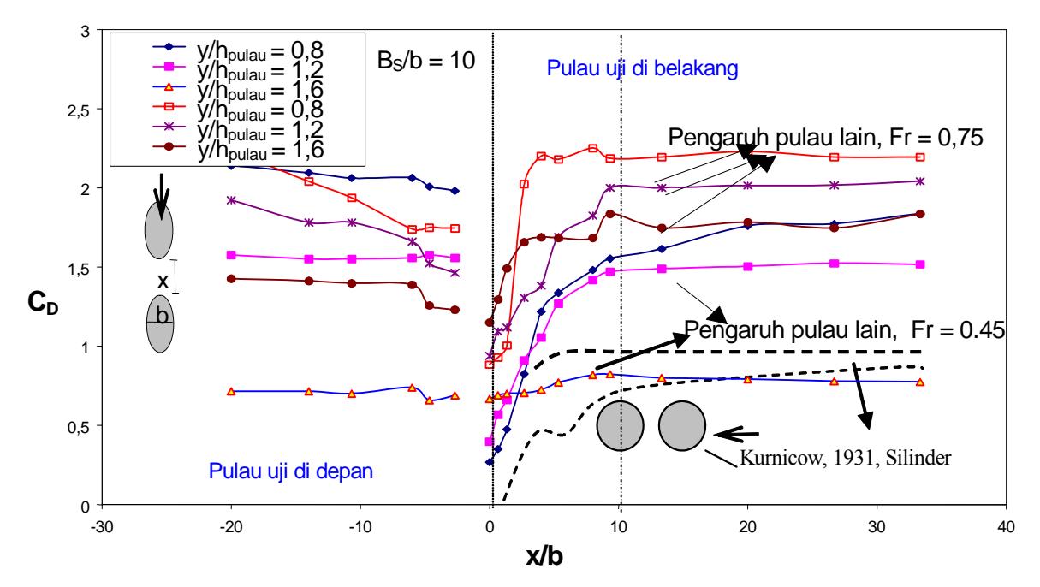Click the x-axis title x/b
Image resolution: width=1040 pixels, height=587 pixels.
click(544, 555)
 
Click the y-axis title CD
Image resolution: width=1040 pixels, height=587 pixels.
click(43, 304)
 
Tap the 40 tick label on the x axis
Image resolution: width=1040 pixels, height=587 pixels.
click(1006, 527)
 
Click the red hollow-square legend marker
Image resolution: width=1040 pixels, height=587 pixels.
click(169, 107)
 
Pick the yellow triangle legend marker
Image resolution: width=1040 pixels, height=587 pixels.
click(169, 86)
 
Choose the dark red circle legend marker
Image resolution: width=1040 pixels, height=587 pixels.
click(169, 146)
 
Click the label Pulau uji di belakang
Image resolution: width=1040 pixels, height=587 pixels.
click(642, 68)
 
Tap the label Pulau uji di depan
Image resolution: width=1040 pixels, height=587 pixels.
click(291, 471)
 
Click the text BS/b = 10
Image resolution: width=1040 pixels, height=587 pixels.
click(425, 61)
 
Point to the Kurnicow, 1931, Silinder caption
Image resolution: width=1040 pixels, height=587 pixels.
click(845, 458)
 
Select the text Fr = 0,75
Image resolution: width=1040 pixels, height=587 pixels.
click(936, 138)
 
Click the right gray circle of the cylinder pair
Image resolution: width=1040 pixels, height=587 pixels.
click(682, 426)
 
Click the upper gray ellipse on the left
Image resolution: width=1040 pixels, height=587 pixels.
click(159, 230)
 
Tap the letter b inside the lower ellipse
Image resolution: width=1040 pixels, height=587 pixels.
click(162, 316)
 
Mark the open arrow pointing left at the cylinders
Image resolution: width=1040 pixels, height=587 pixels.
click(736, 435)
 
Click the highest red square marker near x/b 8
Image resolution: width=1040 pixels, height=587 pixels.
click(593, 148)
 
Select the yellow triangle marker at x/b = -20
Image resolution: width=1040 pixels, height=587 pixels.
click(231, 392)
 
